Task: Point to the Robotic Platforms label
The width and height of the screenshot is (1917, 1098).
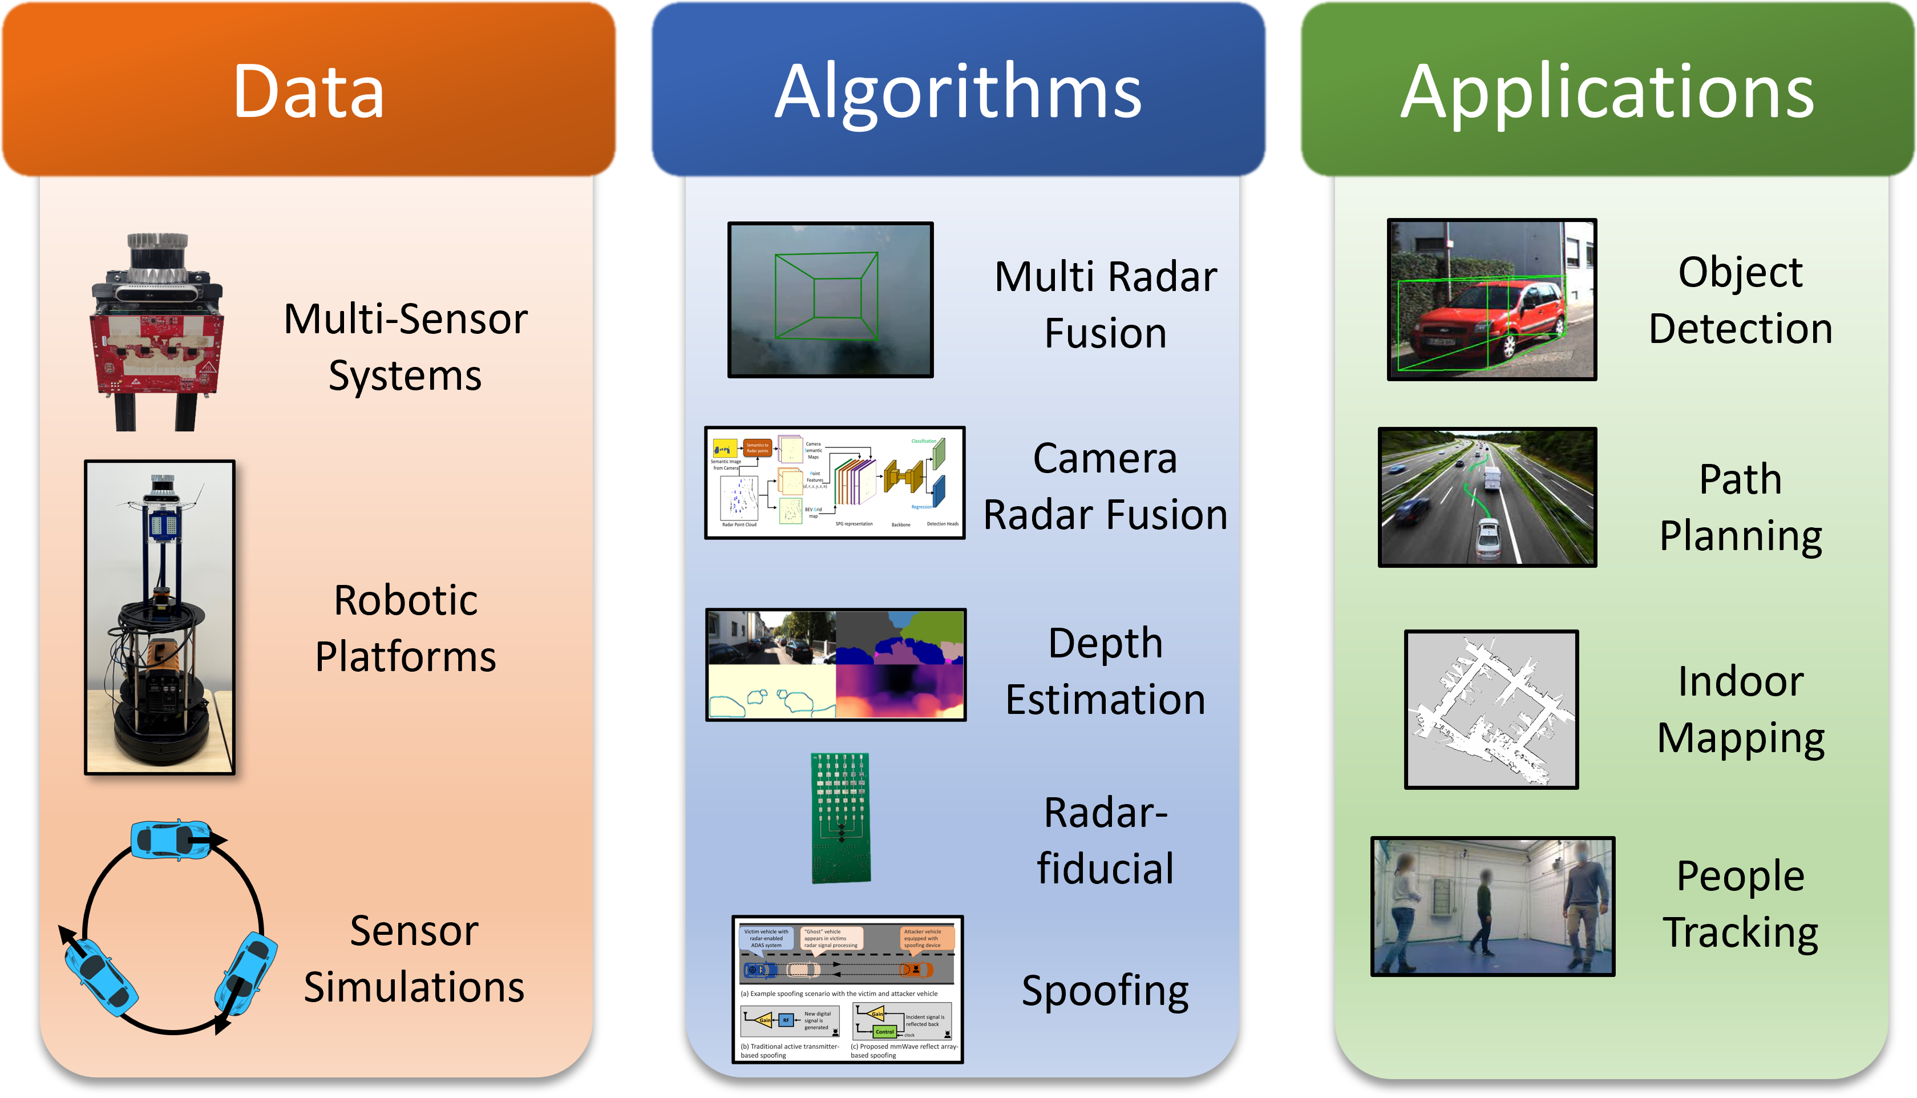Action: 406,628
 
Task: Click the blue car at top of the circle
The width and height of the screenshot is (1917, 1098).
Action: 171,840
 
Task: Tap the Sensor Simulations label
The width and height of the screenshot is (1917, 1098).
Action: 414,959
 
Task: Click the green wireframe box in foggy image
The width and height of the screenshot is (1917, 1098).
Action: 827,296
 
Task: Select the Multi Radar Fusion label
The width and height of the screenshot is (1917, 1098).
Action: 1105,305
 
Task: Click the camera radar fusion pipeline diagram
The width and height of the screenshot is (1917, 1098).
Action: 835,483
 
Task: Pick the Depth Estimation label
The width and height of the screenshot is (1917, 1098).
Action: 1105,671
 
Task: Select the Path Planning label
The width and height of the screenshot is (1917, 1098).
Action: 1741,507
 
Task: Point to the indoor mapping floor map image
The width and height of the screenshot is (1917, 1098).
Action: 1490,709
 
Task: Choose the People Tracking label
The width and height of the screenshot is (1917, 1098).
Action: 1741,904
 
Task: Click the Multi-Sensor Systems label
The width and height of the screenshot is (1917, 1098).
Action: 406,347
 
